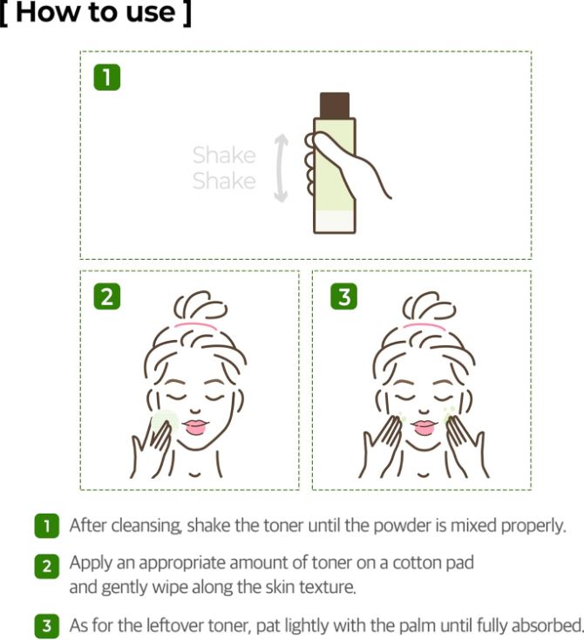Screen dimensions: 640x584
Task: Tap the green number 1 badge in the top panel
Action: tap(106, 78)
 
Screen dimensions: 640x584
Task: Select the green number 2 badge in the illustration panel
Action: tap(106, 296)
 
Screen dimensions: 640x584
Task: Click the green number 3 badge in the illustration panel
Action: tap(343, 296)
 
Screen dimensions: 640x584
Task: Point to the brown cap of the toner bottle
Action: tap(334, 104)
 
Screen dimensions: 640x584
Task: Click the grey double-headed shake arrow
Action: tap(280, 168)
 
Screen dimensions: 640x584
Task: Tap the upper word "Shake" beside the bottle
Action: tap(224, 155)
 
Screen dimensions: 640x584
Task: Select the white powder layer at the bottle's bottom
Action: tap(334, 221)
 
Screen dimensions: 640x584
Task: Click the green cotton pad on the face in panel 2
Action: tap(164, 421)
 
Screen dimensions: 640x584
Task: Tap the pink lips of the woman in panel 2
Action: tap(194, 427)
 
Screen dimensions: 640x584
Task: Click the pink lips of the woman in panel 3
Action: tap(424, 427)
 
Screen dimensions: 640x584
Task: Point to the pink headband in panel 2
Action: tap(194, 325)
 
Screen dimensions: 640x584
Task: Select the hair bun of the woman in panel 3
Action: tap(424, 305)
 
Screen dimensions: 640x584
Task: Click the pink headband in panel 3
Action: tap(424, 325)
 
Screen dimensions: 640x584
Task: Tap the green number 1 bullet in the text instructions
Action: tap(47, 526)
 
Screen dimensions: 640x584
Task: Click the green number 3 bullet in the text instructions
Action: tap(47, 625)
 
